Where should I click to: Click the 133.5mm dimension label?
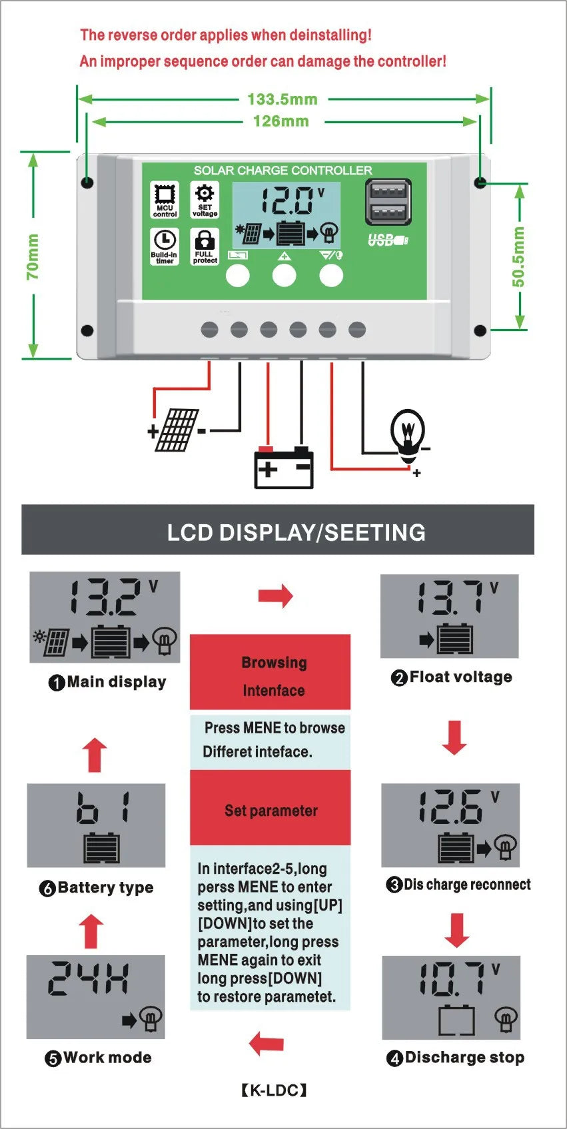283,99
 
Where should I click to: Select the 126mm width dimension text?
281,121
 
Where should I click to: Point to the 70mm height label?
33,256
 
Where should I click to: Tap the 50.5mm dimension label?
518,256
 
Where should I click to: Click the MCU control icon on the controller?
165,199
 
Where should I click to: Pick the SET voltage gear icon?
205,199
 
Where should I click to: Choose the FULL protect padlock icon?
205,246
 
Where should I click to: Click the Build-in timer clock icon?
165,246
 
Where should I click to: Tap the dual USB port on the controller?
388,202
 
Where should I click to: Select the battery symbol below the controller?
284,468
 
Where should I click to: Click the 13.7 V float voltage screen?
449,616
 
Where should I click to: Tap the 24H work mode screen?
95,996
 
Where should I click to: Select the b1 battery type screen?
96,825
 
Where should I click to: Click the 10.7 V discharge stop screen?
450,997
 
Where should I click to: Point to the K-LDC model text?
274,1090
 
